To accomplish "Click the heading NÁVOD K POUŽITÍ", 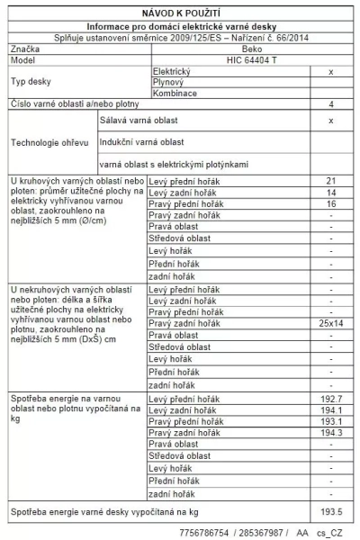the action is (x=181, y=15).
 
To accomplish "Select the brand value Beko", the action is (x=227, y=48).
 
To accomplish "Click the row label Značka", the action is (x=25, y=48).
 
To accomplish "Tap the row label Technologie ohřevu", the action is (x=49, y=142).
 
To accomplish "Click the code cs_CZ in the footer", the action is (x=337, y=533).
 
